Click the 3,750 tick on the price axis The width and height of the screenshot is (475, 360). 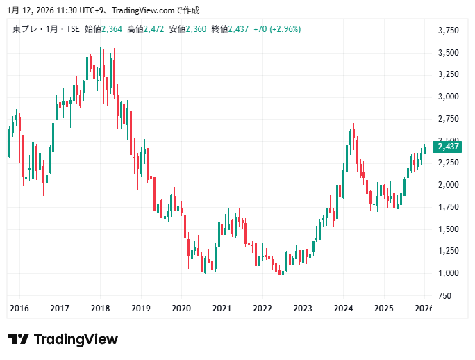pos(449,31)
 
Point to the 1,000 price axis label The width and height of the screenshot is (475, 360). pos(449,273)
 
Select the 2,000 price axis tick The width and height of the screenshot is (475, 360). pos(449,185)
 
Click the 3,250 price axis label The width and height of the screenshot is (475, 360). pos(449,74)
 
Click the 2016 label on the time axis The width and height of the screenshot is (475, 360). pos(19,309)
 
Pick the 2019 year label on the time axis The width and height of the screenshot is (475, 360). pos(141,309)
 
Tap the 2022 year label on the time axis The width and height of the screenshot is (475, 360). pos(262,309)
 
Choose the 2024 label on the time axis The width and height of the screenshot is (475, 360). pos(343,309)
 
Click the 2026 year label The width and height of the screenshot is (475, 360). pos(423,309)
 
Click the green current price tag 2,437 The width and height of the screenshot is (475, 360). pos(449,147)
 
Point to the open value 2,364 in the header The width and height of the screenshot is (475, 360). pos(111,29)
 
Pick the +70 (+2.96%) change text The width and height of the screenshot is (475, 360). pos(277,29)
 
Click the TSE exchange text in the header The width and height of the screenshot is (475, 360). pos(71,29)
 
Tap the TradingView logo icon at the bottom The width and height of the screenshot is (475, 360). pos(19,339)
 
